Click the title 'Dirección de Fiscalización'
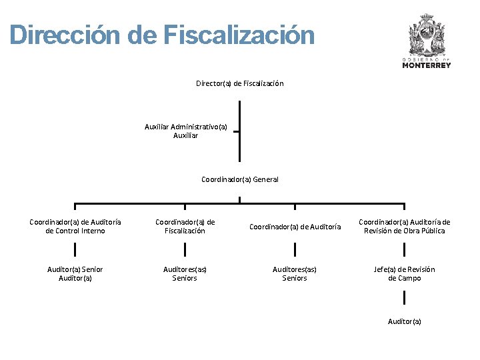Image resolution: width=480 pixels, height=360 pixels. [162, 35]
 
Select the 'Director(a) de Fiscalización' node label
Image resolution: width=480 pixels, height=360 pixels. [239, 83]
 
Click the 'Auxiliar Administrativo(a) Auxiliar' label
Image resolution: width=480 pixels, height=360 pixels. [185, 131]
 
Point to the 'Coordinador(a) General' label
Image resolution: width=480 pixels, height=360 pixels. [239, 179]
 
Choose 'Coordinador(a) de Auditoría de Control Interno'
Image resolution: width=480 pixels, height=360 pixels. [75, 227]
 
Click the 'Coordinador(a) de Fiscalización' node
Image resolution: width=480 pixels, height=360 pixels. [185, 227]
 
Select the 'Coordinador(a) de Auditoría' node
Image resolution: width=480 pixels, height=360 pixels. [295, 227]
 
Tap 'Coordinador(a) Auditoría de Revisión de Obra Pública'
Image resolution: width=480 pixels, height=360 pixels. [404, 227]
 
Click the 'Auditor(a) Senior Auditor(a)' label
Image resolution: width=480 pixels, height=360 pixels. [75, 274]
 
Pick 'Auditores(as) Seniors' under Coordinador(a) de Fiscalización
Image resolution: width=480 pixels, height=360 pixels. [185, 274]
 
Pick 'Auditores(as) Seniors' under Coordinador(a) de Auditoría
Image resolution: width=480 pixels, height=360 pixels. [295, 274]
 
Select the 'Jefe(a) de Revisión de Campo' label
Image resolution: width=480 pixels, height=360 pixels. [404, 274]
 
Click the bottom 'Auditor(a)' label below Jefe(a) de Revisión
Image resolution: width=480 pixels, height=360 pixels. [404, 322]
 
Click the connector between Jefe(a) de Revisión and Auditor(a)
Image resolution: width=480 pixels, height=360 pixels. [404, 297]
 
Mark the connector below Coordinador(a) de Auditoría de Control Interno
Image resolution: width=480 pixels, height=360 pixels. [75, 250]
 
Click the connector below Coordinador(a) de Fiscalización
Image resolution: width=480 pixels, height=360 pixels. [185, 250]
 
